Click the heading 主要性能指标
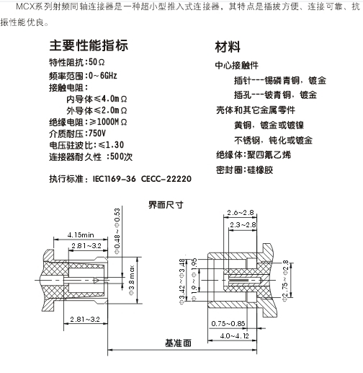point(89,45)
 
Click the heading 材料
point(228,46)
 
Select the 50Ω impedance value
point(97,62)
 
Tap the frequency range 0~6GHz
point(103,76)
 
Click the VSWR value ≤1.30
point(111,145)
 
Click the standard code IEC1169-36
point(114,179)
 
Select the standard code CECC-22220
point(166,179)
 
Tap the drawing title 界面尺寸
point(166,205)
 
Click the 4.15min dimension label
point(81,234)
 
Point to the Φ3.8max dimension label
point(132,281)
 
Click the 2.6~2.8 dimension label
point(241,213)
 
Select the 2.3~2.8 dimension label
point(243,225)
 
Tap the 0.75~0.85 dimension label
point(228,323)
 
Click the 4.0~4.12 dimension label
point(234,335)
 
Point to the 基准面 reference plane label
point(178,343)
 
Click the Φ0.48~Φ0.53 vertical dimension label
point(117,231)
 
